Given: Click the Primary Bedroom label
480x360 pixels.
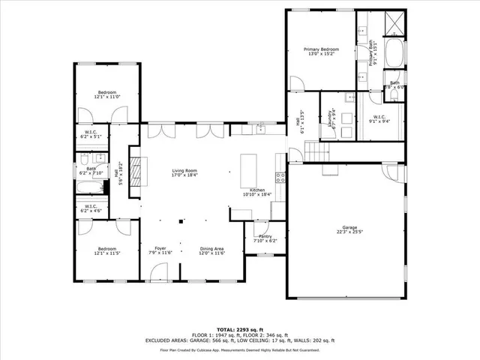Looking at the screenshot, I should coord(320,52).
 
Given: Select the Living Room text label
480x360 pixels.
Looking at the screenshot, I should coord(184,173).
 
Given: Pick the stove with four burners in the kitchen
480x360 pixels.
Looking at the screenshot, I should coord(280,178).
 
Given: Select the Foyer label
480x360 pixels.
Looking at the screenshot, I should coord(160,250).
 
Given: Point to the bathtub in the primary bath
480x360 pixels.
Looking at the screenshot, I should coord(394,52).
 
